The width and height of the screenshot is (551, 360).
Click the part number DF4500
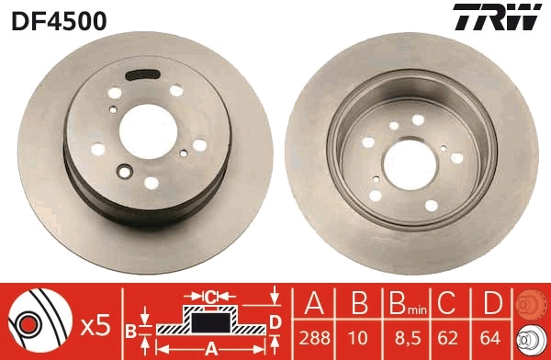pyautogui.click(x=58, y=19)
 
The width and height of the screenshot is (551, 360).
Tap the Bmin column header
pyautogui.click(x=405, y=304)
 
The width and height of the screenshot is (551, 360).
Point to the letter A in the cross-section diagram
pyautogui.click(x=210, y=347)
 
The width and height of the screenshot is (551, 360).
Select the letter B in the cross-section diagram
pyautogui.click(x=131, y=330)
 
